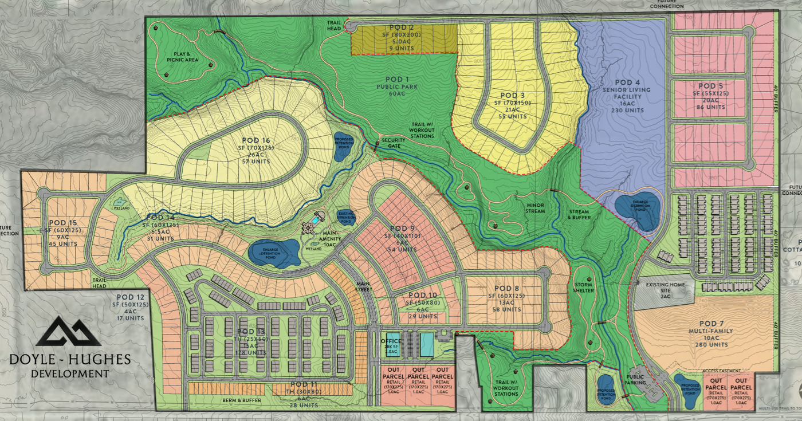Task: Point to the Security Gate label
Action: point(393,143)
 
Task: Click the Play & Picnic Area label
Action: point(182,57)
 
